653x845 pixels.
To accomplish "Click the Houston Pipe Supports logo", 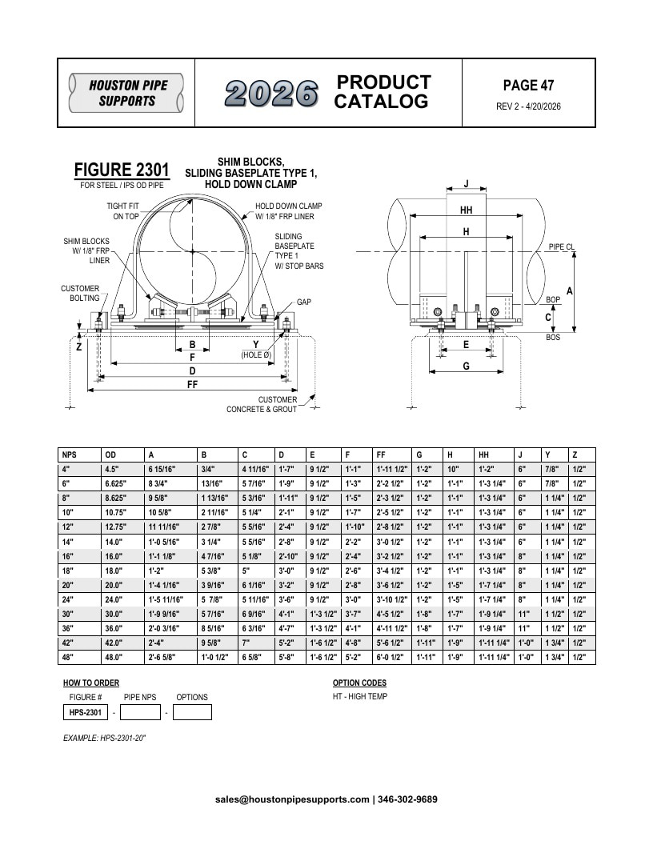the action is [126, 93].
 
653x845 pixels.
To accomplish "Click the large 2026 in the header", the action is [271, 94].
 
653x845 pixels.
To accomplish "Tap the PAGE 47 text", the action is [528, 85].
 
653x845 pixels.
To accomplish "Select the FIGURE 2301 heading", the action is [122, 170].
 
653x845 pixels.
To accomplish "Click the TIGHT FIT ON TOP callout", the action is [123, 210].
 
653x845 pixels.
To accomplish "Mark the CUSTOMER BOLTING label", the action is [80, 293].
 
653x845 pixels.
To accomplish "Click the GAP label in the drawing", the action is [304, 302].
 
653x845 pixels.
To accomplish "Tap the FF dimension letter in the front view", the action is [192, 384].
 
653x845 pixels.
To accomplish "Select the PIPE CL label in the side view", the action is [562, 246].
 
